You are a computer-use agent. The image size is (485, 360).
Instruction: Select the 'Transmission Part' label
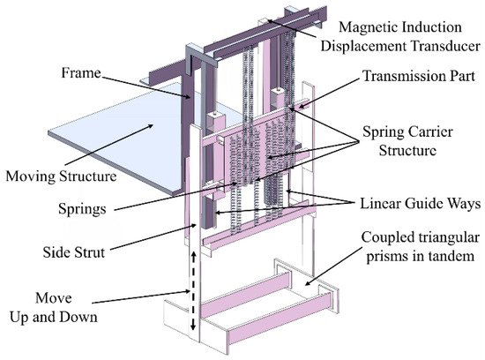click(x=414, y=77)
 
